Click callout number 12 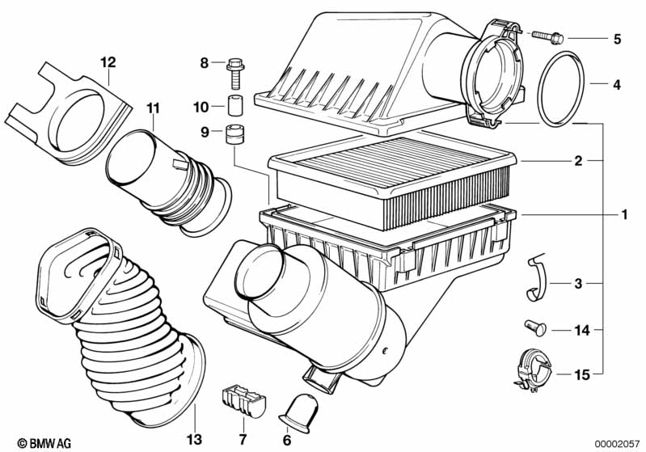(x=108, y=61)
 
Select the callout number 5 (x=617, y=38)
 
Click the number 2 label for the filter (x=578, y=161)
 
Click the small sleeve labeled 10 (x=235, y=106)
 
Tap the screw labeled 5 (x=551, y=36)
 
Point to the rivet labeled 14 (x=535, y=327)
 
